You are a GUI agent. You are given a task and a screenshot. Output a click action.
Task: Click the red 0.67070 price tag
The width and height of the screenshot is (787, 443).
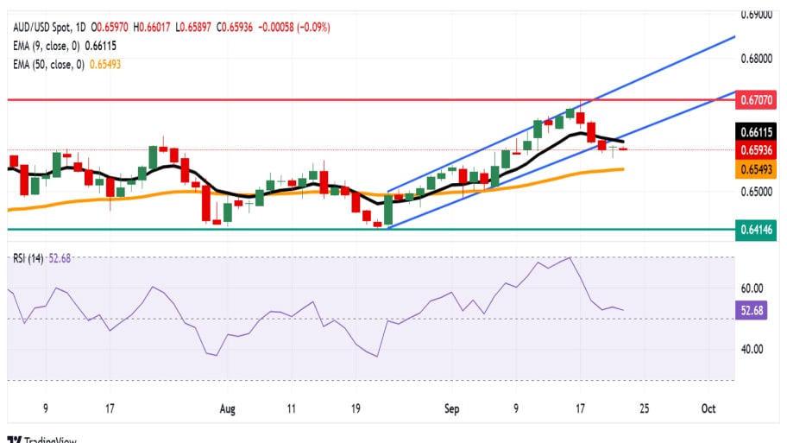(x=759, y=101)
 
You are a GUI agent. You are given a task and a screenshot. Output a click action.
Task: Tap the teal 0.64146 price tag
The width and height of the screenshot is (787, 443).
(x=759, y=230)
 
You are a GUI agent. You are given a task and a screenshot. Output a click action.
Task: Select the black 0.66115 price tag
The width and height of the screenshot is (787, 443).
(x=759, y=131)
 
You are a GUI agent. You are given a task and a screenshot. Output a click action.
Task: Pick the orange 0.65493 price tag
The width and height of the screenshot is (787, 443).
(x=759, y=171)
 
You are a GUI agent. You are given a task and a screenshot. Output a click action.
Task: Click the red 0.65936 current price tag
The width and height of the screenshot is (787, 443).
(x=759, y=150)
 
